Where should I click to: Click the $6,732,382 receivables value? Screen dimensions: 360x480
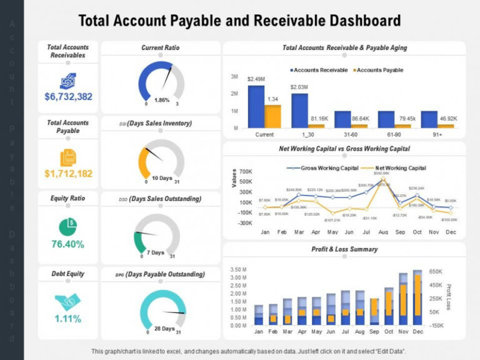(68, 96)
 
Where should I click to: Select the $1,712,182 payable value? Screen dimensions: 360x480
(68, 172)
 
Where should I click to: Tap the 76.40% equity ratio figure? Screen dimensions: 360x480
(68, 244)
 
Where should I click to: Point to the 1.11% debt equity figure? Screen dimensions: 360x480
(68, 319)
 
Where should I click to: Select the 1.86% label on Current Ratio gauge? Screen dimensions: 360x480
(162, 100)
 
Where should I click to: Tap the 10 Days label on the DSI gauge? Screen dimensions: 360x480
(162, 178)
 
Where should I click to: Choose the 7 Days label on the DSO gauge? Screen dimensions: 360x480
(156, 252)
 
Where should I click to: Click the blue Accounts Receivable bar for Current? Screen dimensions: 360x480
(256, 106)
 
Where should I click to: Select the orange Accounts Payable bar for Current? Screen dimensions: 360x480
(272, 116)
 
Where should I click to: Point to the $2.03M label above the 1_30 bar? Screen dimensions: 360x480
(299, 87)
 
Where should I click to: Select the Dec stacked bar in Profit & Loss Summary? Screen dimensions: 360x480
(417, 298)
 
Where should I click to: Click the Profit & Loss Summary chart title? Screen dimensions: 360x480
(344, 249)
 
